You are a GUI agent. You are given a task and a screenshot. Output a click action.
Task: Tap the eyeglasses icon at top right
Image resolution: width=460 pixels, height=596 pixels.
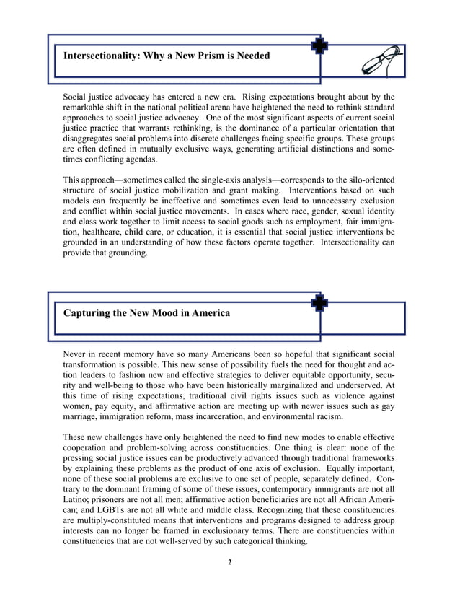(x=380, y=61)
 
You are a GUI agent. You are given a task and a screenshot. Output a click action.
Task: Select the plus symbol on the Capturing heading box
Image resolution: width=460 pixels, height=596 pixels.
(x=319, y=302)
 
